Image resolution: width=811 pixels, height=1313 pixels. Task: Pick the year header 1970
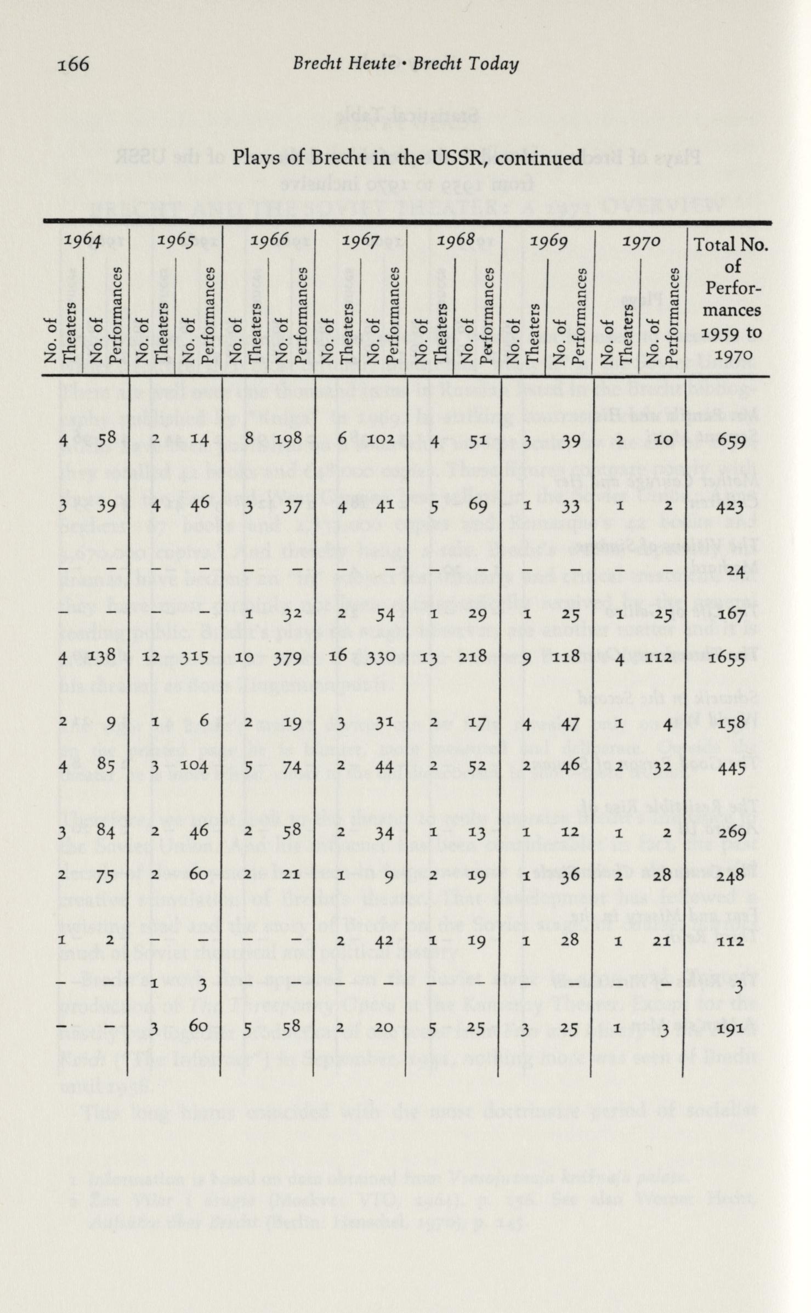[x=640, y=242]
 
